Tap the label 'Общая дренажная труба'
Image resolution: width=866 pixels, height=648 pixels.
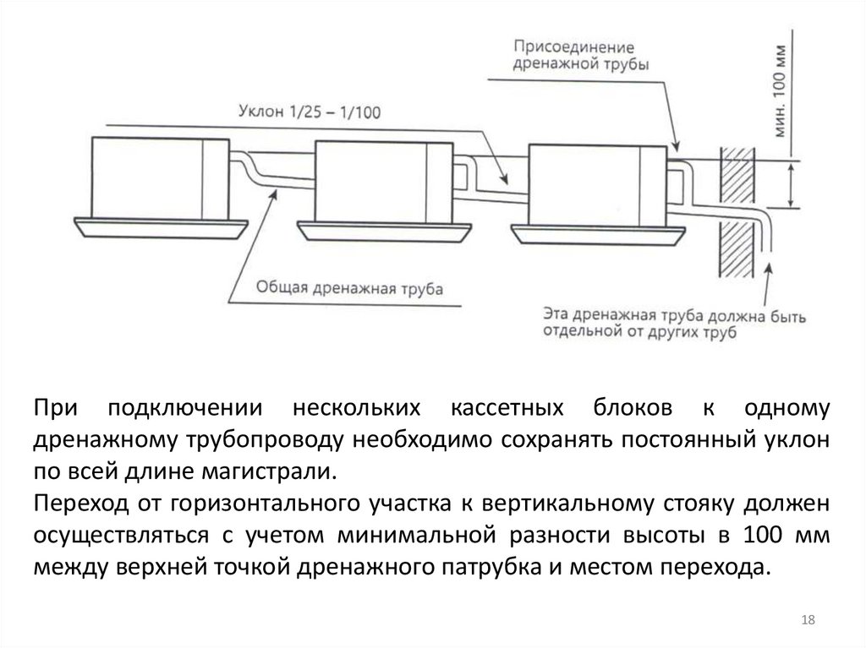click(348, 288)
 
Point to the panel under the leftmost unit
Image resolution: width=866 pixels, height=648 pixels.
click(161, 226)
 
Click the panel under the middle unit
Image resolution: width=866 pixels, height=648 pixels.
click(386, 228)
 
